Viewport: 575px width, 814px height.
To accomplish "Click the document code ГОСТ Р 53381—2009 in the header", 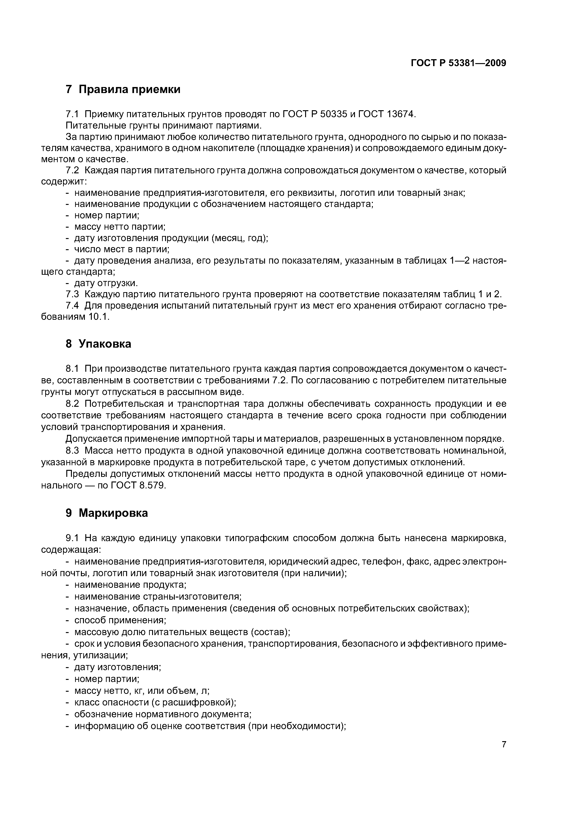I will tap(458, 63).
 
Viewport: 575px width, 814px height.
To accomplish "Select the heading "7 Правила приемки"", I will tap(123, 89).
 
